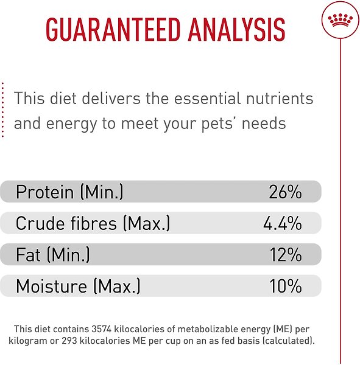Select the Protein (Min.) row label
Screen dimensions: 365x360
pos(69,193)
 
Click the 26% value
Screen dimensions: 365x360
pos(285,193)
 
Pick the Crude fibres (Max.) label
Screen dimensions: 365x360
pos(93,224)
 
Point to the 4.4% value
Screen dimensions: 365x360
pos(282,224)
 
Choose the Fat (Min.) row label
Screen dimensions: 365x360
pos(53,255)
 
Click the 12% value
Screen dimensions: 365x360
pos(285,255)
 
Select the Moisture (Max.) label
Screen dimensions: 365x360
pos(78,286)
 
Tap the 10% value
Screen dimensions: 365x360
pos(285,286)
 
